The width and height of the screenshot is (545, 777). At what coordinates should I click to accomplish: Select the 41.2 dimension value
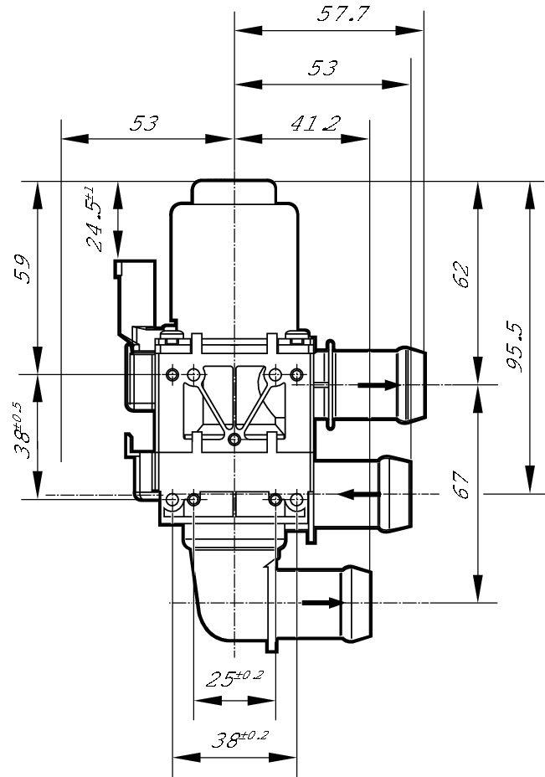coord(315,124)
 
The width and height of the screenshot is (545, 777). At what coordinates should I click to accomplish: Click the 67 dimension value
coord(461,485)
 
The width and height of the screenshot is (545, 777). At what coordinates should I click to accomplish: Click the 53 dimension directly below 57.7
coord(322,69)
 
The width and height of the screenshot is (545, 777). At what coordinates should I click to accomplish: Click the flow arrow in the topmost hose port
coord(377,385)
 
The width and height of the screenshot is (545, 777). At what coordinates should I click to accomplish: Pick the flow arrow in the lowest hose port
coord(322,602)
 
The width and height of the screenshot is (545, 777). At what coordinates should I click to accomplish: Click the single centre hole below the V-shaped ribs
coord(234,439)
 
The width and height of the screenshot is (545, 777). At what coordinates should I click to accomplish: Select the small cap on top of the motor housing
coord(234,192)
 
